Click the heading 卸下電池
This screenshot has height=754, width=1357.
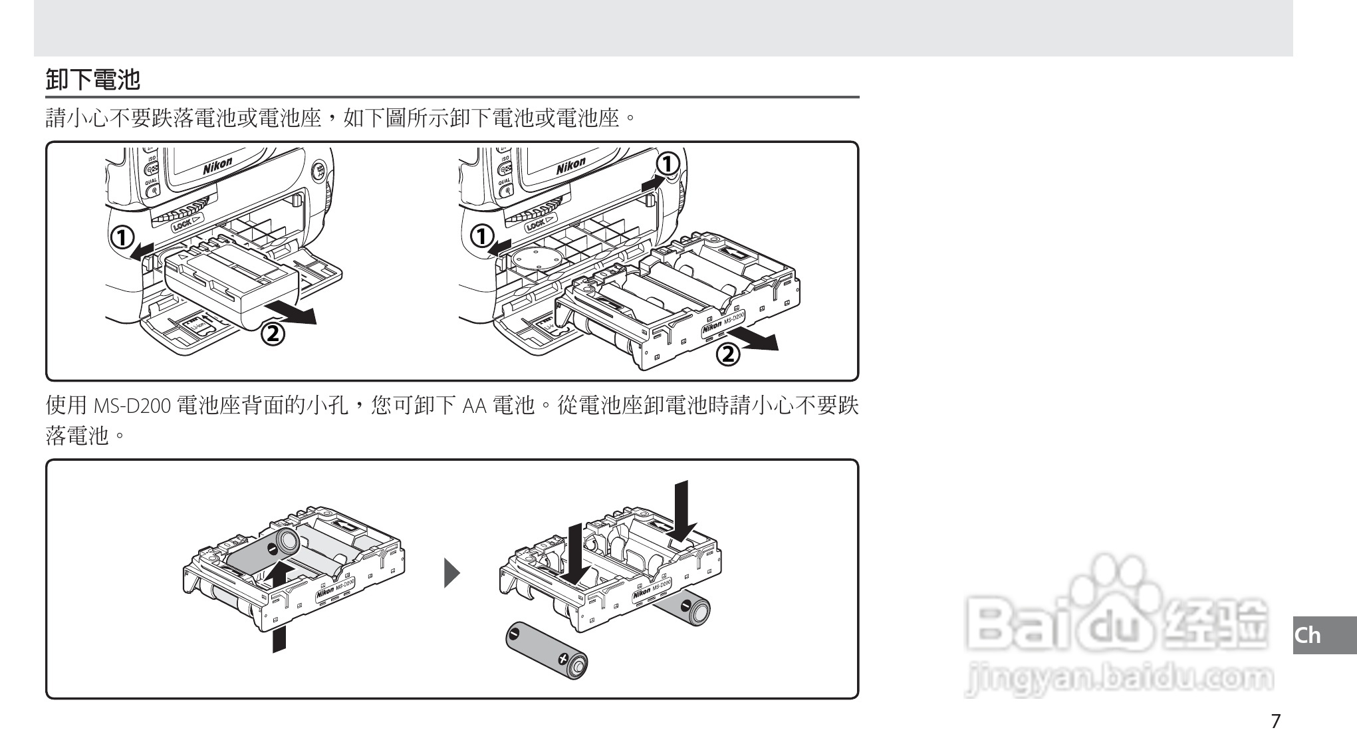pos(93,80)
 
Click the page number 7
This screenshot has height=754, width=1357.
pos(1275,721)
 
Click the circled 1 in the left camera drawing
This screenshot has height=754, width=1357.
pos(122,237)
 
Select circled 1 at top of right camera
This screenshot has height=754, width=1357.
pos(668,163)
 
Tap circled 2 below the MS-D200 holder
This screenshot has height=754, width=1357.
pos(727,354)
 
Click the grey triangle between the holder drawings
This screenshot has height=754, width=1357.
pos(451,573)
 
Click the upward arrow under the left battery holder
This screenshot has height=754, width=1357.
pos(280,605)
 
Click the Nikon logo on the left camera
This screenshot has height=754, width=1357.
pos(217,166)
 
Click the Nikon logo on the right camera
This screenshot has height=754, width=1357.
pos(571,166)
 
